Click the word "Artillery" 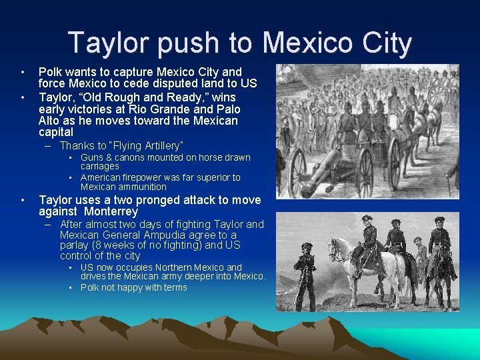click(155, 145)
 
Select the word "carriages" click(100, 166)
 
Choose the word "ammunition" click(143, 187)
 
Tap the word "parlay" click(75, 245)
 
